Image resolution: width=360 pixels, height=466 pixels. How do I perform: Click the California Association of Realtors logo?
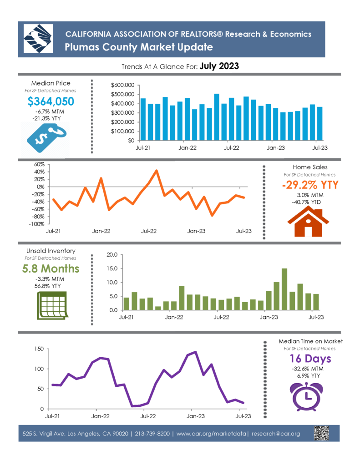(x=38, y=39)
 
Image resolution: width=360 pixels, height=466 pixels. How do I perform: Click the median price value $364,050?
(x=51, y=101)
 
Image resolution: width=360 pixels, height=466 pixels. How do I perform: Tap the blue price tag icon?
(x=46, y=138)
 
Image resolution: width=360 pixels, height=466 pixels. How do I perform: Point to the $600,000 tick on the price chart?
(x=122, y=85)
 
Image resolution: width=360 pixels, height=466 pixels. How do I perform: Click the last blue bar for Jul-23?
(x=319, y=124)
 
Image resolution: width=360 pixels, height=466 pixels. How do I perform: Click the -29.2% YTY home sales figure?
(x=310, y=185)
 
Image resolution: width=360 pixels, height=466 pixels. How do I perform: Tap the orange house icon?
(x=308, y=222)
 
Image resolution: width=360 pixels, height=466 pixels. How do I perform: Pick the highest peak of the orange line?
(x=157, y=171)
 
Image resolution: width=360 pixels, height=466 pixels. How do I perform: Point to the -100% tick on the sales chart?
(x=36, y=224)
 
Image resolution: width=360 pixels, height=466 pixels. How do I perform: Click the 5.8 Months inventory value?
(x=51, y=268)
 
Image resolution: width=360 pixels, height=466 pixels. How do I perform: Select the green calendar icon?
(x=52, y=305)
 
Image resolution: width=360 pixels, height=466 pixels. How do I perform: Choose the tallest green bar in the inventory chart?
(x=284, y=289)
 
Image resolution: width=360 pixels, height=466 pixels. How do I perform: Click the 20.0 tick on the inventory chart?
(x=112, y=255)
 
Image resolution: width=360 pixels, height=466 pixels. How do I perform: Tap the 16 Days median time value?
(x=310, y=359)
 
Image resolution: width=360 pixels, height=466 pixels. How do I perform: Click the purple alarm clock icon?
(x=306, y=397)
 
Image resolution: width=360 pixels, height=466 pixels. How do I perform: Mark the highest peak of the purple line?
(x=195, y=352)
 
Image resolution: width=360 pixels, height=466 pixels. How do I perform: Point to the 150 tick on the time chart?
(x=39, y=349)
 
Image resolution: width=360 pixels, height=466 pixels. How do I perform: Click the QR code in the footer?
(x=321, y=433)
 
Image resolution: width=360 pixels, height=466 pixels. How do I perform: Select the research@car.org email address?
(x=275, y=434)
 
